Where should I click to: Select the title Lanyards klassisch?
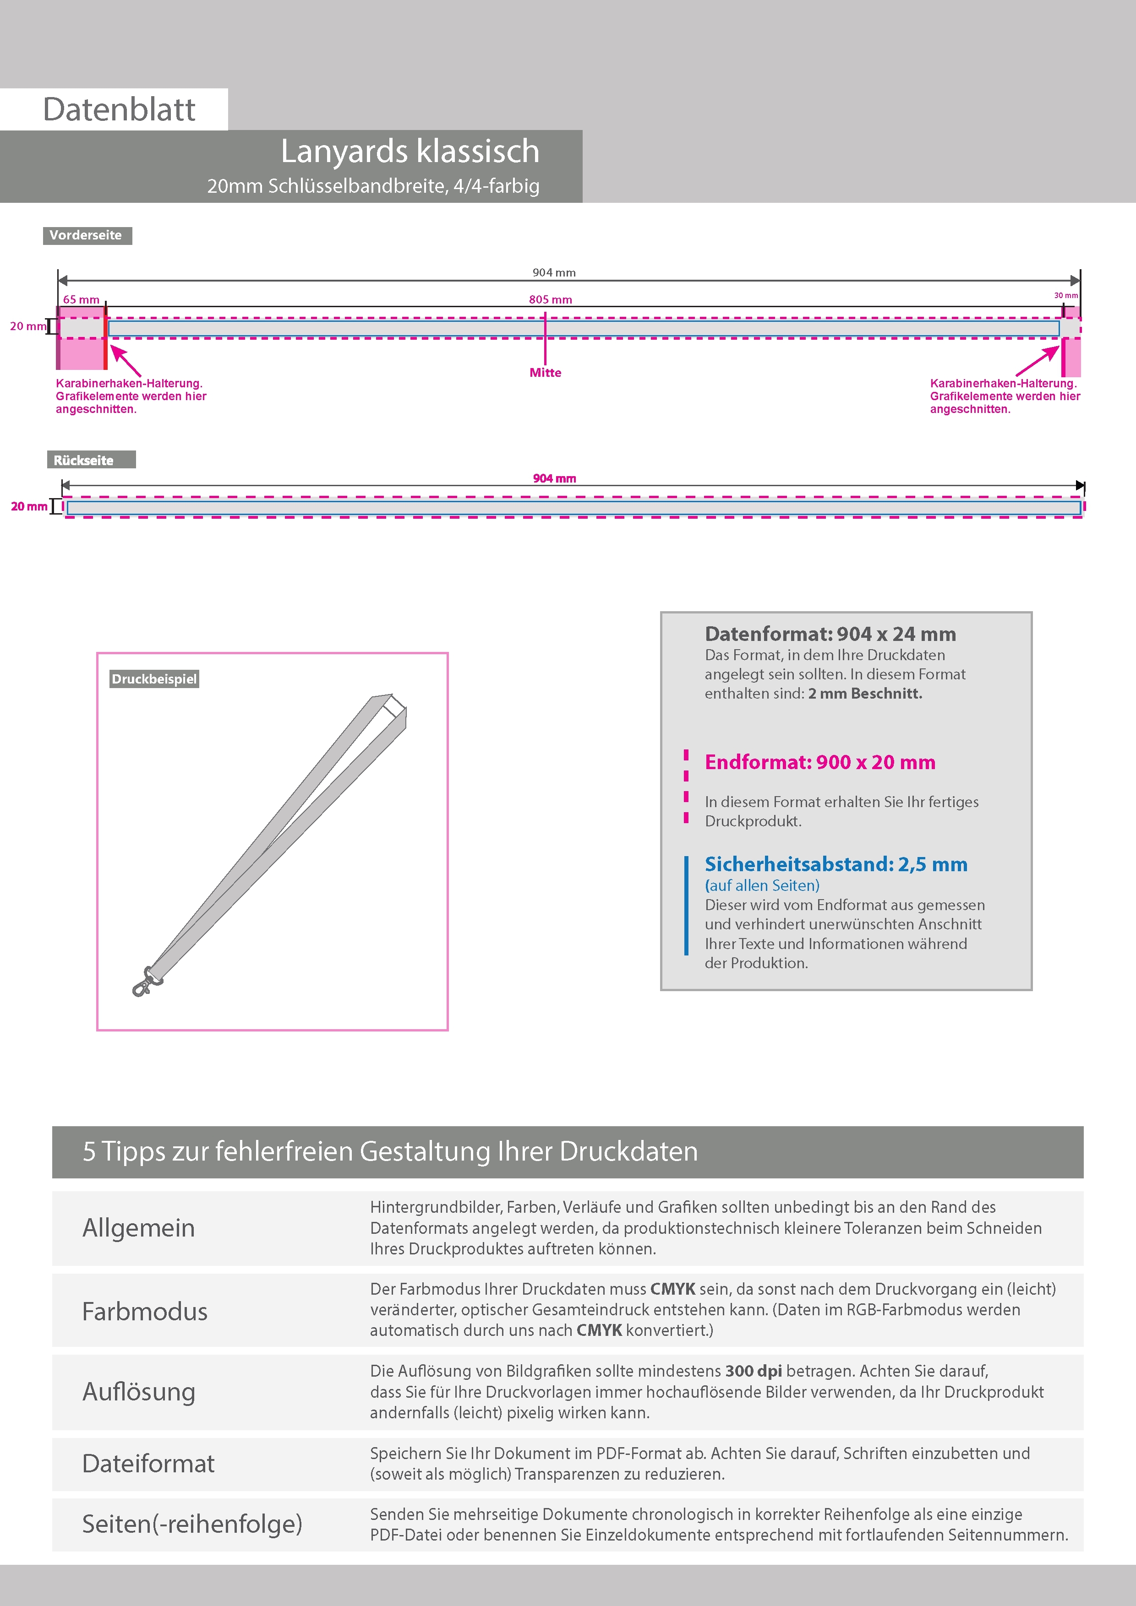pyautogui.click(x=410, y=151)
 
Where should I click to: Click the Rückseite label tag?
pyautogui.click(x=84, y=460)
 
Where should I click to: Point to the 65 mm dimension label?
pyautogui.click(x=81, y=299)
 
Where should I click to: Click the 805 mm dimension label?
pyautogui.click(x=550, y=299)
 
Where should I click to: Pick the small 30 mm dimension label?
pyautogui.click(x=1065, y=296)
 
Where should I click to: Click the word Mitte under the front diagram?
pyautogui.click(x=545, y=373)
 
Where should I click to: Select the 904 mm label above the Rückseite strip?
pyautogui.click(x=554, y=478)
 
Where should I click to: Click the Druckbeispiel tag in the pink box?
pyautogui.click(x=154, y=679)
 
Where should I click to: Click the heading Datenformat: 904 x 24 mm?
pyautogui.click(x=830, y=634)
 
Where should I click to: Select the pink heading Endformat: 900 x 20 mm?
pyautogui.click(x=819, y=762)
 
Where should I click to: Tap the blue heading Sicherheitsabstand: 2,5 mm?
pyautogui.click(x=836, y=864)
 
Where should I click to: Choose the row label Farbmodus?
pyautogui.click(x=145, y=1312)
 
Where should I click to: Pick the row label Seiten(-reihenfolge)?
pyautogui.click(x=192, y=1524)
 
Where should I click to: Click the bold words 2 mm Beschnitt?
pyautogui.click(x=865, y=694)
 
